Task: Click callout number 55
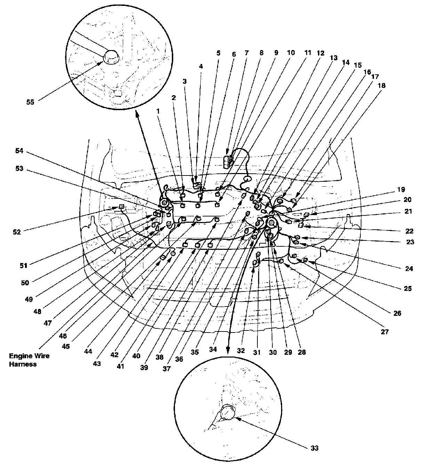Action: pyautogui.click(x=31, y=102)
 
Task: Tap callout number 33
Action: pyautogui.click(x=314, y=448)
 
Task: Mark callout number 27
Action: pyautogui.click(x=384, y=332)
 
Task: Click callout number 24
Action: pyautogui.click(x=409, y=268)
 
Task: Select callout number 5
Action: pyautogui.click(x=218, y=53)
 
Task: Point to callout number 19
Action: pyautogui.click(x=401, y=190)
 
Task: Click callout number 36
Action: pyautogui.click(x=179, y=359)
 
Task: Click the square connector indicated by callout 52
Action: pyautogui.click(x=121, y=207)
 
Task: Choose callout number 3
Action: pyautogui.click(x=185, y=81)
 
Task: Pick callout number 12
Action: pyautogui.click(x=320, y=53)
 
